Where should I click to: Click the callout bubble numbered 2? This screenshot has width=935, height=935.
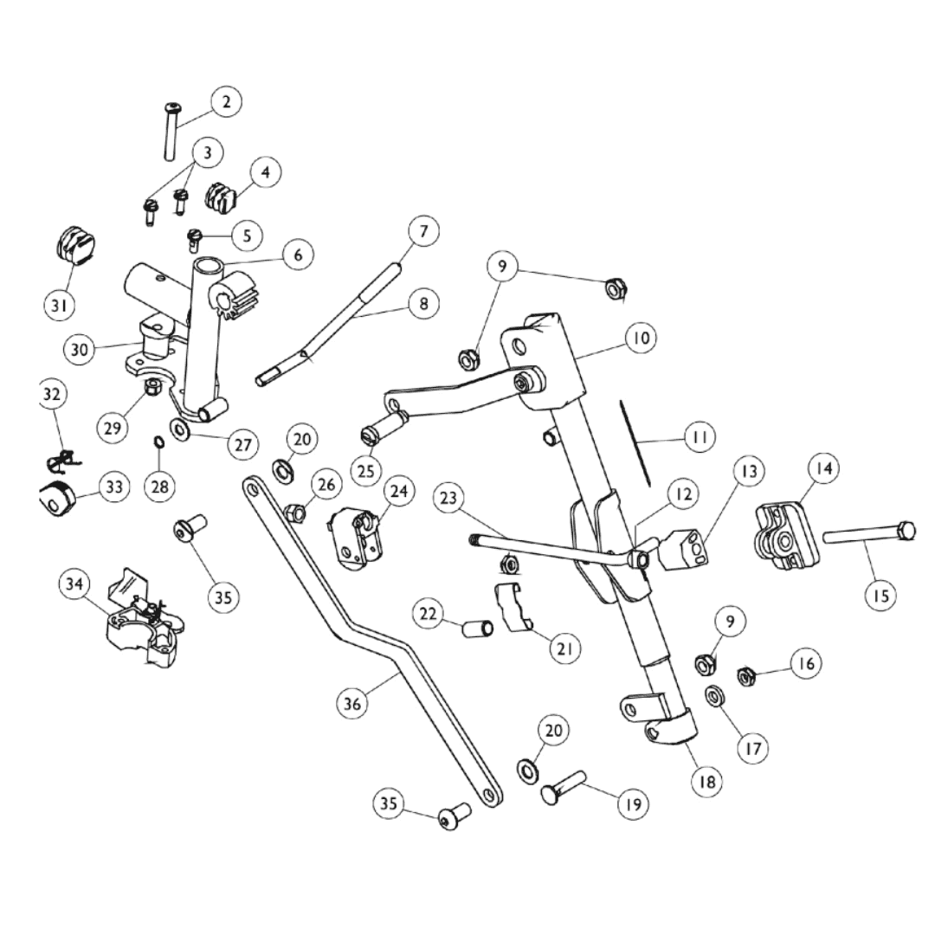226,102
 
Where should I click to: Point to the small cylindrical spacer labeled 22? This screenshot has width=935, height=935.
475,627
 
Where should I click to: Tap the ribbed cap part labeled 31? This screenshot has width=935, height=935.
72,244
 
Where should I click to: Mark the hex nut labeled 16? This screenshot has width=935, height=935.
746,675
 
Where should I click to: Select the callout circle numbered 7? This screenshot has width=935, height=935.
423,231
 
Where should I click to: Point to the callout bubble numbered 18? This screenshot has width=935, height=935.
707,779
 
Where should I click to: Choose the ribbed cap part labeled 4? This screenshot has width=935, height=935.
221,197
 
